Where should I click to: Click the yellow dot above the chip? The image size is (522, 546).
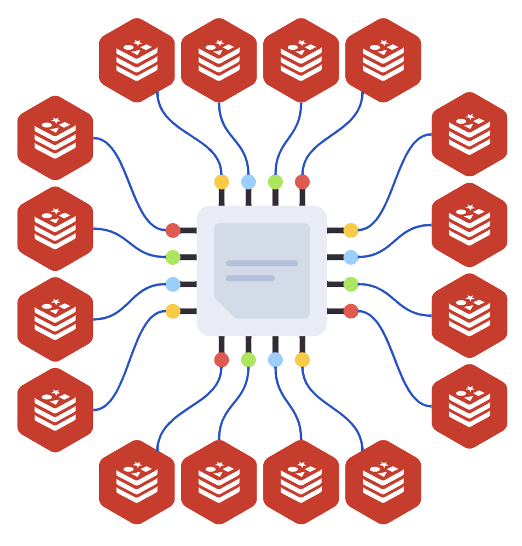tap(221, 182)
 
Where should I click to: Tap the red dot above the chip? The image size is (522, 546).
tap(302, 182)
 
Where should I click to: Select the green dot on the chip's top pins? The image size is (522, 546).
tap(275, 182)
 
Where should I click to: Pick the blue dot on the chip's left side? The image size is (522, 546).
tap(173, 284)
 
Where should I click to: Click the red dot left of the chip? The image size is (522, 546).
tap(173, 230)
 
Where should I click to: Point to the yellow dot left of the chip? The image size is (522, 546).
tap(173, 311)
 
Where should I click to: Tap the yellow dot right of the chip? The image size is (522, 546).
tap(351, 230)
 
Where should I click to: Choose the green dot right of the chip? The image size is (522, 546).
tap(351, 284)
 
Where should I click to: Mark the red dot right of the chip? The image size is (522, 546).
tap(351, 311)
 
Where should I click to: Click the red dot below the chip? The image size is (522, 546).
tap(221, 359)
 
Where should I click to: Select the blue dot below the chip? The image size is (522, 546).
tap(275, 359)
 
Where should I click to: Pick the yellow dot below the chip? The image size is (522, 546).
tap(302, 359)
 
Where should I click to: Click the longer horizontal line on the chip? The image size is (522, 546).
tap(262, 263)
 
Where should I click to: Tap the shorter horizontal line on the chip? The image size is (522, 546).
tap(250, 278)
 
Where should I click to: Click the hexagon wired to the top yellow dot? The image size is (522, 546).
tap(137, 60)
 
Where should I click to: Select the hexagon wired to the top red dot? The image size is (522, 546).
tap(383, 60)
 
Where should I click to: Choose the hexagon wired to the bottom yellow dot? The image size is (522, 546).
tap(383, 482)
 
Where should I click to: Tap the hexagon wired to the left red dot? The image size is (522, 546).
tap(55, 137)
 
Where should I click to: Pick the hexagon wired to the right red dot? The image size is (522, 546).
tap(469, 406)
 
